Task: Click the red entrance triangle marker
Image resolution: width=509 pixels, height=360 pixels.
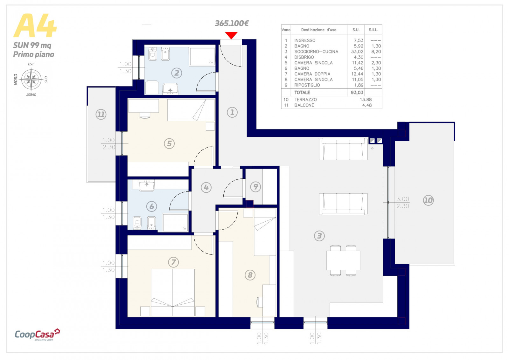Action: tap(231, 35)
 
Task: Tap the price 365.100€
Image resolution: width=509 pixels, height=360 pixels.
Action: tap(232, 23)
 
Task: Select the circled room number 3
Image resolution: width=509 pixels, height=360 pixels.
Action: tap(319, 236)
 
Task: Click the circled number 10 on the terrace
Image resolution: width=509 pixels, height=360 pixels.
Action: tap(428, 200)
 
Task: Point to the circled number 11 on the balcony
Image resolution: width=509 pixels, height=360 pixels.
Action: tap(101, 114)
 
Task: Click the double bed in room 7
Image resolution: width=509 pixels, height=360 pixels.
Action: tap(173, 292)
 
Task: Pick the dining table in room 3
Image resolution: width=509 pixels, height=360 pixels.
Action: tap(343, 260)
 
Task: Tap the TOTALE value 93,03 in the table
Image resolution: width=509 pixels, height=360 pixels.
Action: tap(357, 93)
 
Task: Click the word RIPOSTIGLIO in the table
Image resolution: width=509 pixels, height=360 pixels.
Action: tap(307, 85)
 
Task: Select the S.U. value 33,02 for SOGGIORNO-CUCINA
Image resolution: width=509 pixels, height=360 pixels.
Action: tap(357, 52)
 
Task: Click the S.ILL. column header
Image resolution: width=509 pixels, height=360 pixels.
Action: tap(373, 30)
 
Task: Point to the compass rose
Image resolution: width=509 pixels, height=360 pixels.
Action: tap(31, 79)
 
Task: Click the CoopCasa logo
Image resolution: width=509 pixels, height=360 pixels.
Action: tap(37, 334)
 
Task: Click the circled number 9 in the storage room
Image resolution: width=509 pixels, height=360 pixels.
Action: tap(255, 187)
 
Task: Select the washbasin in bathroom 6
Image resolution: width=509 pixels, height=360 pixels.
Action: tap(147, 185)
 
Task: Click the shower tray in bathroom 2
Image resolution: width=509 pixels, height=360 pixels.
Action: tap(202, 57)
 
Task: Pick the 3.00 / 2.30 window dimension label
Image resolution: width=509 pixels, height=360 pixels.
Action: tap(403, 202)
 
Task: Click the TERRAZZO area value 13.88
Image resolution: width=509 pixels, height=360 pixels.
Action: tap(366, 100)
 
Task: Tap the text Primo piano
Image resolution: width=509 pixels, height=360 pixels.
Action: tap(34, 54)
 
